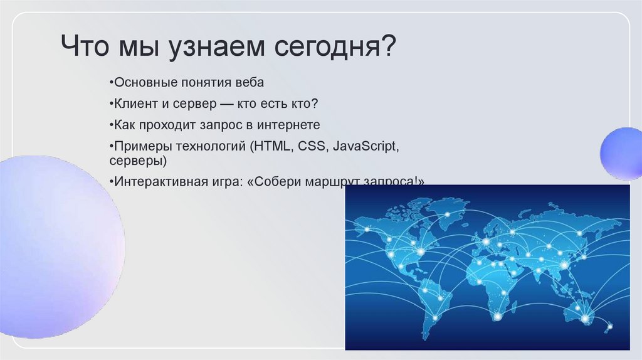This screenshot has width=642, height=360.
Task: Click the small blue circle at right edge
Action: pos(621,153)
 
